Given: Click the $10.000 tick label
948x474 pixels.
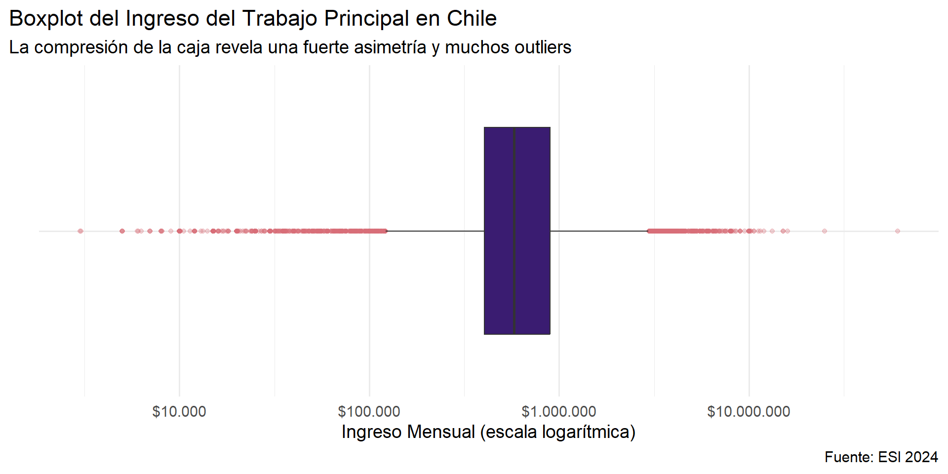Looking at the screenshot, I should coord(179,411).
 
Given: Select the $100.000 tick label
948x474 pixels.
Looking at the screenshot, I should coord(369,411).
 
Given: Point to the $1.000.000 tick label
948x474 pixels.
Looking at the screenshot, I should coord(558,411).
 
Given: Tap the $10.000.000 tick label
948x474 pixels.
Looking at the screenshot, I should coord(749,411).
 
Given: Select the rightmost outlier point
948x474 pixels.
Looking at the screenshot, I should coord(898,231).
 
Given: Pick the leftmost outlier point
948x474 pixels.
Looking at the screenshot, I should coord(80,231).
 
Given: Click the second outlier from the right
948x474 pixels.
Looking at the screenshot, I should coord(824,231).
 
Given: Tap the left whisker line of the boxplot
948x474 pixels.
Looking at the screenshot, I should coord(434,231).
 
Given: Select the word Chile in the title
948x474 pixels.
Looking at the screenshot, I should coord(472,19).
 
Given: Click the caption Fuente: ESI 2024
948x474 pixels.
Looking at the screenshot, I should coord(881,457).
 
